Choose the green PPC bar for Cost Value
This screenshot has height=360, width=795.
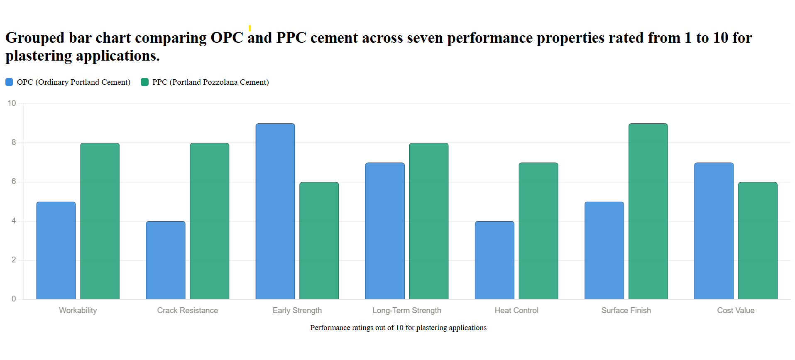point(758,240)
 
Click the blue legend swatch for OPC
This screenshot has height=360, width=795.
point(9,82)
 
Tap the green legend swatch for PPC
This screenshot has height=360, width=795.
point(144,82)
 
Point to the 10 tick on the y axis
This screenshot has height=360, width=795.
point(12,103)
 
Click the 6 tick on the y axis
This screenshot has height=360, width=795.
point(14,181)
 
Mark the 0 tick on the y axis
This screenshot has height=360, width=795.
point(14,299)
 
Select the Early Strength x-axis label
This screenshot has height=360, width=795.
point(297,311)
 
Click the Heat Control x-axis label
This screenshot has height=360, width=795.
point(516,311)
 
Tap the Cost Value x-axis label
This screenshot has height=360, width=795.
point(735,311)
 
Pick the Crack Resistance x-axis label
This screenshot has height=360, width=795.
point(187,311)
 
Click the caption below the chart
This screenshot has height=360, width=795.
point(398,328)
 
